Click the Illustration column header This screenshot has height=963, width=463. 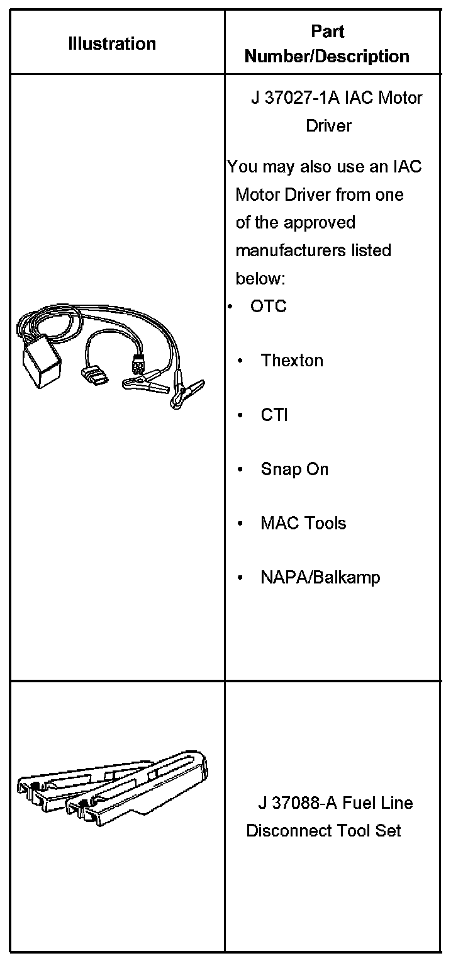[112, 44]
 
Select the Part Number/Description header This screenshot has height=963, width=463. [327, 44]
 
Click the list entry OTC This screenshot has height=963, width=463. [268, 307]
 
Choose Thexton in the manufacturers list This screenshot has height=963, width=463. [292, 361]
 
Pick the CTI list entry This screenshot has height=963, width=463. [274, 415]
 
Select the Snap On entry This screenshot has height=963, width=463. [294, 470]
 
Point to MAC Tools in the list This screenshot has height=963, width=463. [303, 524]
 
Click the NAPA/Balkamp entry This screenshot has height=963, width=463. [320, 578]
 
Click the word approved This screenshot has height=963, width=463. [320, 223]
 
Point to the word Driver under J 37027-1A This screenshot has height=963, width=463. [328, 126]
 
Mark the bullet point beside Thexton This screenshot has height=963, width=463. [240, 361]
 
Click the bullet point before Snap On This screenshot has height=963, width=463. [240, 470]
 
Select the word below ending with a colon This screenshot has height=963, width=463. [260, 278]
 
